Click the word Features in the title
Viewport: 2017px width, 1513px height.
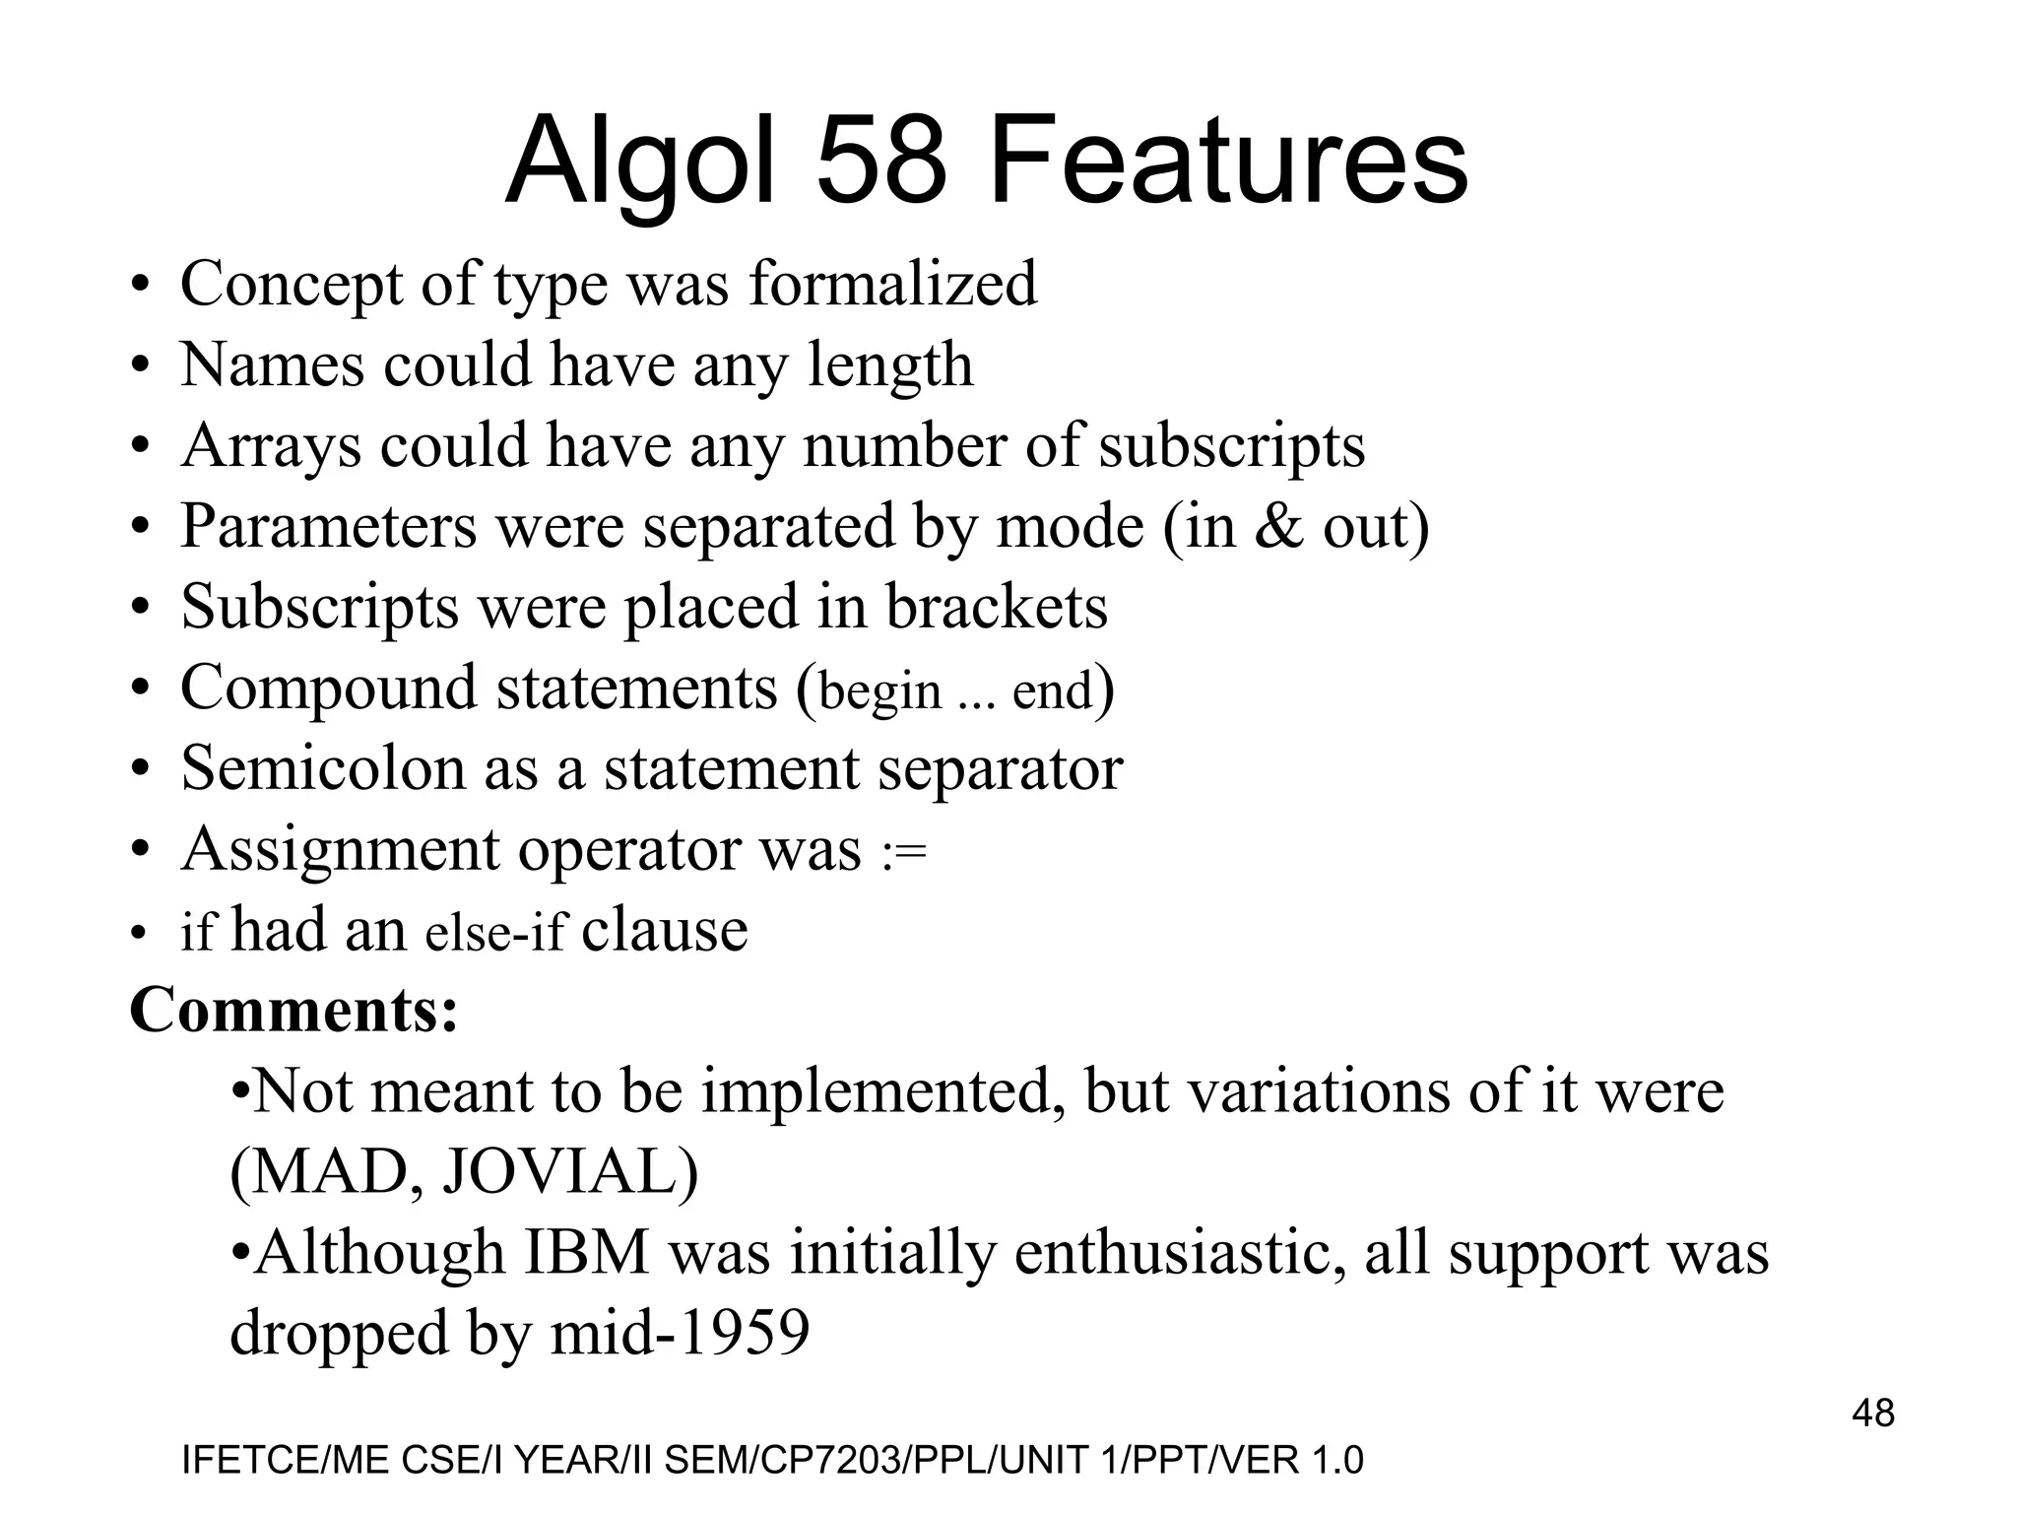coord(1229,161)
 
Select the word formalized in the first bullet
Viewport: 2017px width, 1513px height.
coord(892,284)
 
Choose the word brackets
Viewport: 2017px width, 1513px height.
coord(997,607)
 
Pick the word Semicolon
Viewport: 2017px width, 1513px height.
coord(323,768)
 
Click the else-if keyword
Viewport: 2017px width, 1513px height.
coord(495,933)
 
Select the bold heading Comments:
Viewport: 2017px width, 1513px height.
coord(293,1011)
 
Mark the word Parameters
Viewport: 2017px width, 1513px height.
coord(328,527)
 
